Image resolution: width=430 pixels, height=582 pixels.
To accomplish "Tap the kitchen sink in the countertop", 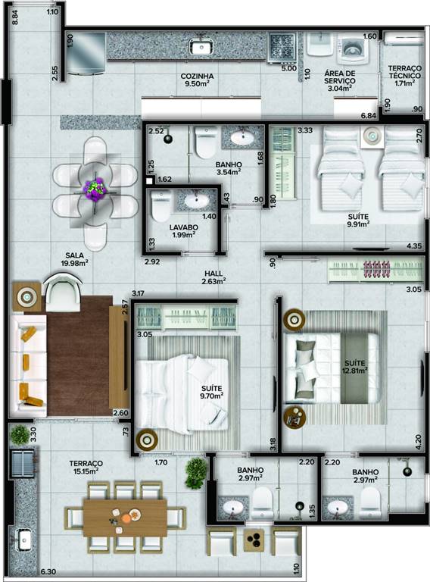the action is (201, 46).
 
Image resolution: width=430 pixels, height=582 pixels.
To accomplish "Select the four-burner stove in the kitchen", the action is (282, 47).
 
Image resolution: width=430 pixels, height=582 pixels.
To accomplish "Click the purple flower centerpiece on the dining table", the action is (96, 188).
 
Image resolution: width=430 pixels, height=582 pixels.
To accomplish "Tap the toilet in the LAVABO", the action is (161, 206).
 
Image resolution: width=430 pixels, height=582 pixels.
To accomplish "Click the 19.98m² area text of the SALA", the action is (74, 263).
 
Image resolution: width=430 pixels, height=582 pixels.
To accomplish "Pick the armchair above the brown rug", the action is (62, 292).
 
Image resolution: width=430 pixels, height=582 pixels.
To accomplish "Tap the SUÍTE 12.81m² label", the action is (355, 366).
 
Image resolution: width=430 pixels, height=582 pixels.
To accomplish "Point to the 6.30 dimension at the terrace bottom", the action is (48, 571).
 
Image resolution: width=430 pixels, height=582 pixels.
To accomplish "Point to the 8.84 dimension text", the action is (15, 17).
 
